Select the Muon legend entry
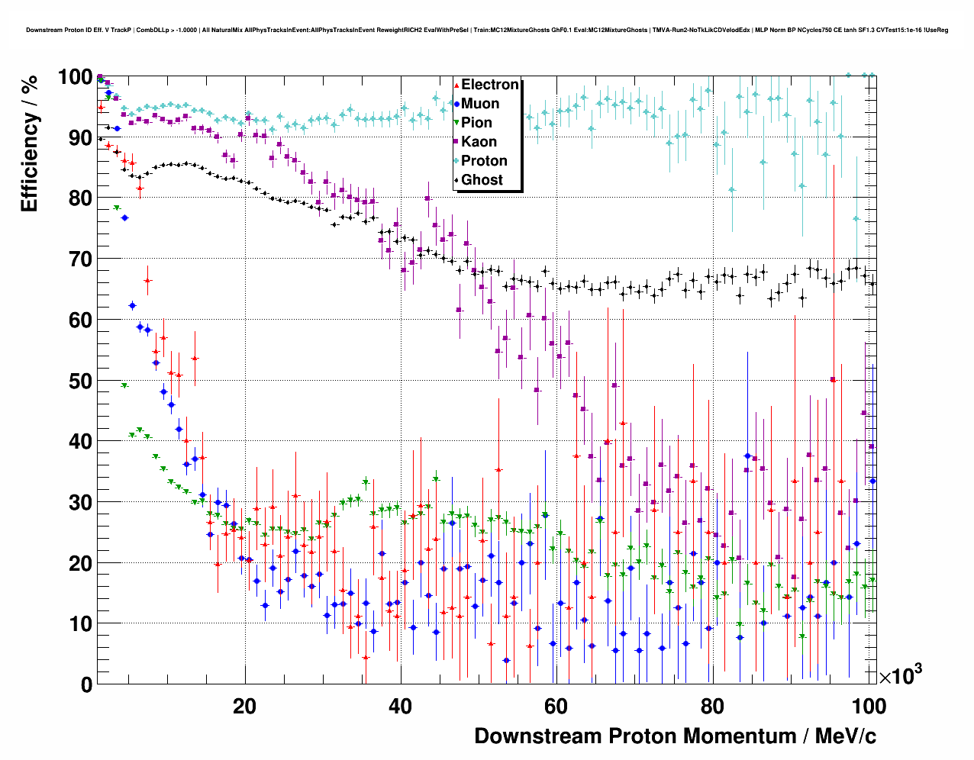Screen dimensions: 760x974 480,104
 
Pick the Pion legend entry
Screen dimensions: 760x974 476,123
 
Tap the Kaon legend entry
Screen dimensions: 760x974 479,142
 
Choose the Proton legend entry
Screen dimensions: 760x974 484,161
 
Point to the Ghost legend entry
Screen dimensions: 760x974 482,180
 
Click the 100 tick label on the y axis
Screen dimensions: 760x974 76,77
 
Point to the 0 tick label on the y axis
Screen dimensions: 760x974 87,684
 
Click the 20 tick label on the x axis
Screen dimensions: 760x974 245,707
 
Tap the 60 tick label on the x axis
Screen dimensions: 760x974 556,707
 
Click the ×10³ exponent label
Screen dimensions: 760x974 900,675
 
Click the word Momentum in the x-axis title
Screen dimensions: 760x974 739,736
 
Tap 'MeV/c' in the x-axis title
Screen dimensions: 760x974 846,736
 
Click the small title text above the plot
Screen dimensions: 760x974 487,30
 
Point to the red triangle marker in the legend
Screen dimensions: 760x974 456,85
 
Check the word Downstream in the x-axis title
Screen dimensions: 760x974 538,736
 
